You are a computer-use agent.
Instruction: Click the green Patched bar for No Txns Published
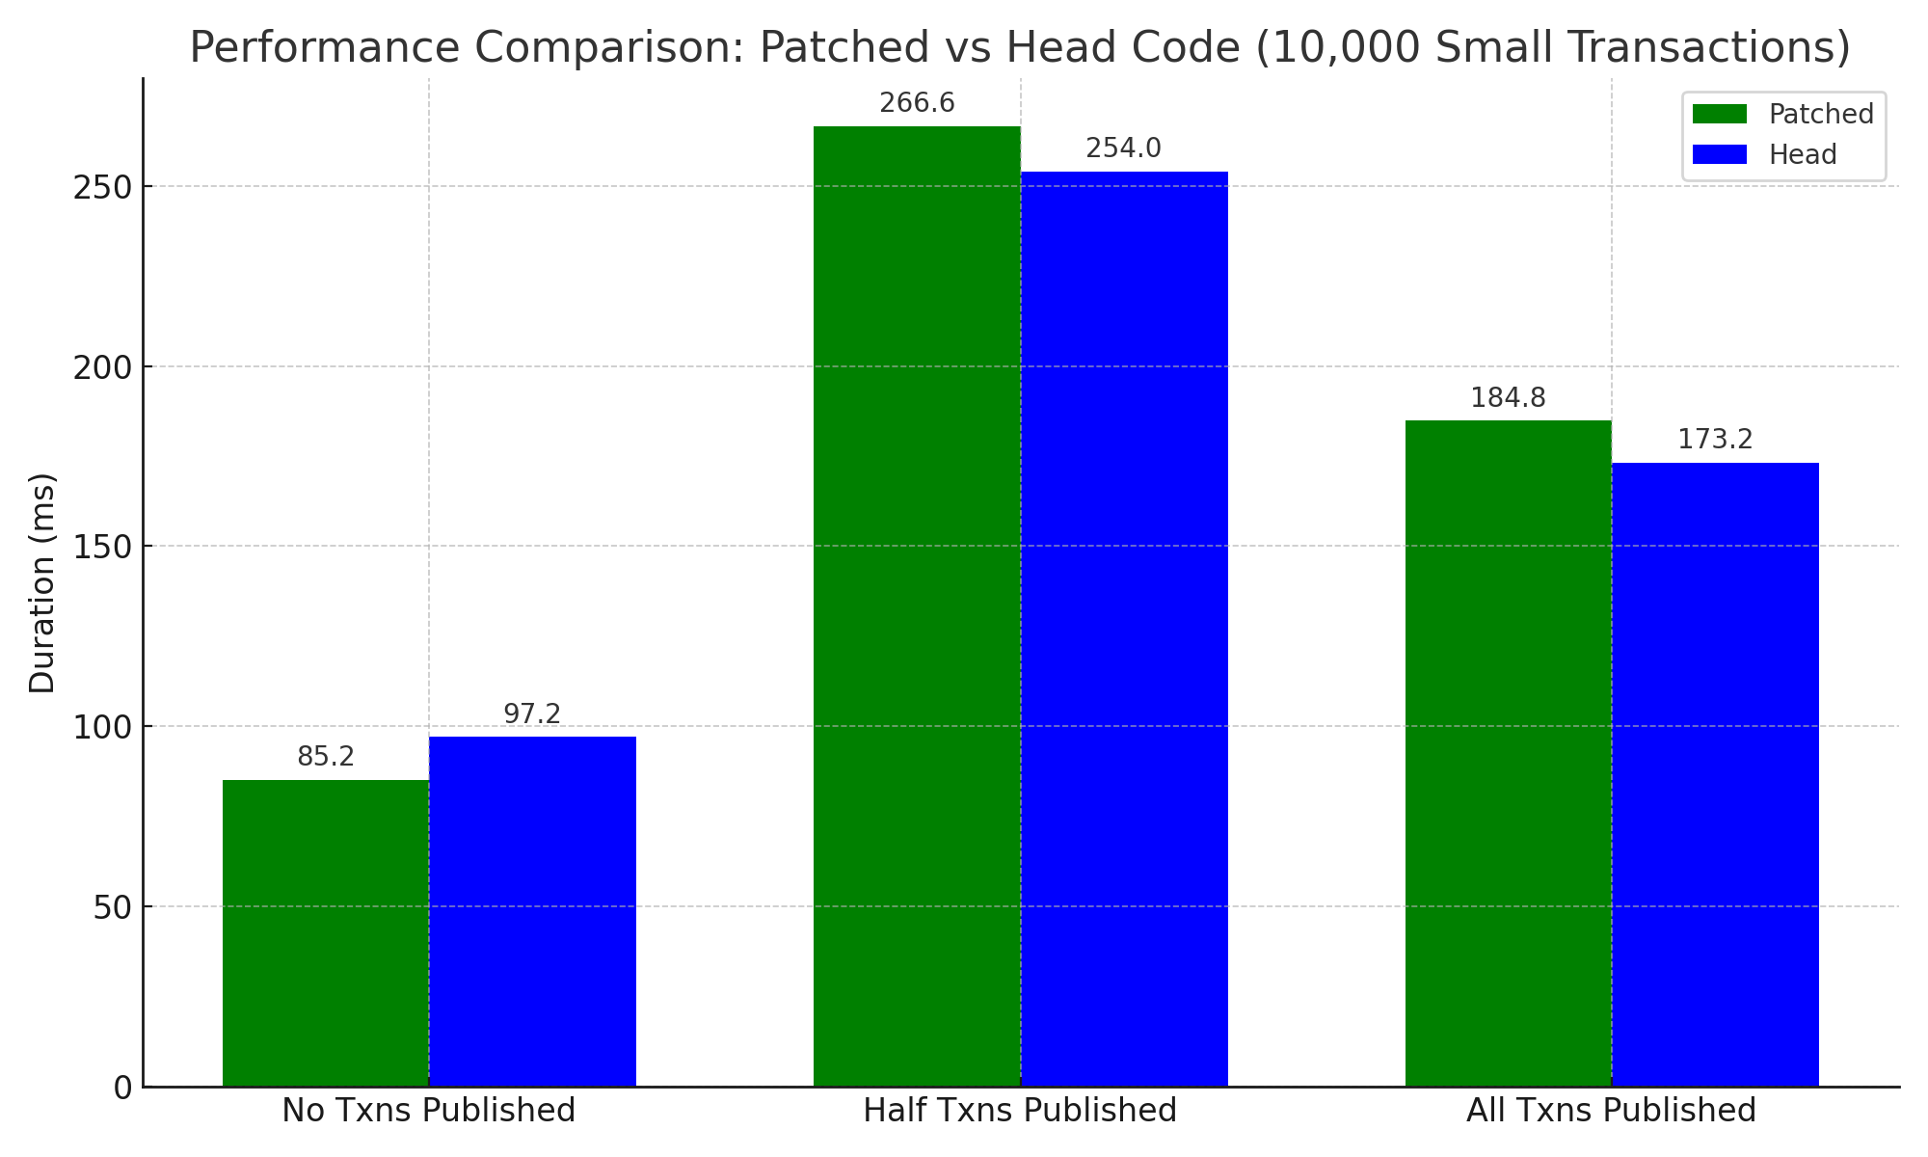point(326,932)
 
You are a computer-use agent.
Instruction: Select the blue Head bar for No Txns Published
point(532,911)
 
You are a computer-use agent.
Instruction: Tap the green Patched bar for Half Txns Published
point(917,605)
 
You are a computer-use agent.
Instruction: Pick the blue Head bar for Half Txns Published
point(1124,629)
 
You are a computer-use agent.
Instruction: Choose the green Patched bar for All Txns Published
point(1508,753)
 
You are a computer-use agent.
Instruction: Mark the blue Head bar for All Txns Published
point(1715,774)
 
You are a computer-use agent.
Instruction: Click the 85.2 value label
point(326,757)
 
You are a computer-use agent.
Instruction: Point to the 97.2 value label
point(532,714)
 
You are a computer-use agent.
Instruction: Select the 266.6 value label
point(917,103)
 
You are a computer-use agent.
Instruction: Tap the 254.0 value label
point(1124,148)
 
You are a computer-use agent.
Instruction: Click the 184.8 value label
point(1508,398)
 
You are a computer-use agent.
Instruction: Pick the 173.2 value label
point(1715,440)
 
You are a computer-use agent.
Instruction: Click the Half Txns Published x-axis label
point(1020,1111)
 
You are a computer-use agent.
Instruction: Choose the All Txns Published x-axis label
point(1611,1111)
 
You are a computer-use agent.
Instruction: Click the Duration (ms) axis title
point(42,582)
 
